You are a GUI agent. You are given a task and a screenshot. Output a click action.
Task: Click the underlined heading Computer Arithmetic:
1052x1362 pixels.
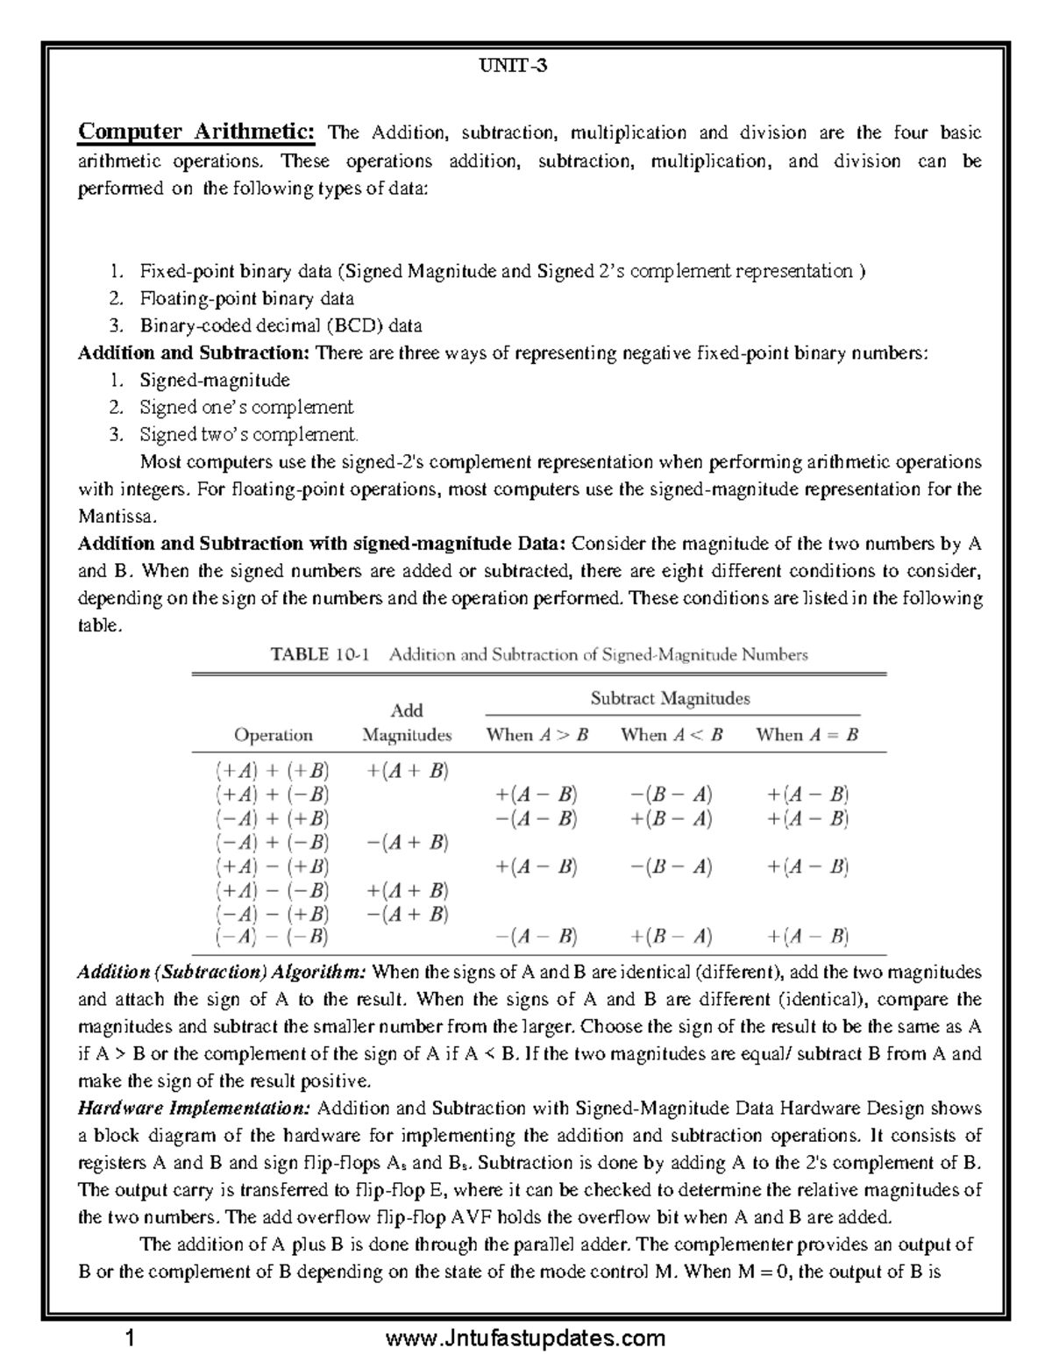tap(196, 132)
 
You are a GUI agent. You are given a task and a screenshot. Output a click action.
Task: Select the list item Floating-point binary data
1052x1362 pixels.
tap(246, 298)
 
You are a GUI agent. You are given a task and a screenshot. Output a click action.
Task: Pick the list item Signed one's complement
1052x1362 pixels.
tap(246, 407)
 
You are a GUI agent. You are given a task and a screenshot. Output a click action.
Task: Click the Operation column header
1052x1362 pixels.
tap(273, 735)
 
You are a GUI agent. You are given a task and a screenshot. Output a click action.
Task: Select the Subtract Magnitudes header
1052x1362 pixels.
tap(671, 698)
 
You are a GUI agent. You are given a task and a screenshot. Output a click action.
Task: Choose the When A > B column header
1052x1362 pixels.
tap(537, 735)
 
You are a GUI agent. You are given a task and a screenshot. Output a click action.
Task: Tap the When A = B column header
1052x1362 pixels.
tap(807, 735)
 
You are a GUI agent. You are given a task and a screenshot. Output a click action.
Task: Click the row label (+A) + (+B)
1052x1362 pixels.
tap(273, 771)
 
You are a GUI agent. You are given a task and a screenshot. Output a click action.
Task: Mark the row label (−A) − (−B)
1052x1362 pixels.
tap(273, 937)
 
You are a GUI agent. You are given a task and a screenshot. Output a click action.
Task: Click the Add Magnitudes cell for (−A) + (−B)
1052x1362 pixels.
tap(408, 843)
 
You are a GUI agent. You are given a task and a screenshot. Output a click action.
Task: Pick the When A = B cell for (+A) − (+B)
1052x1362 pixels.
tap(807, 866)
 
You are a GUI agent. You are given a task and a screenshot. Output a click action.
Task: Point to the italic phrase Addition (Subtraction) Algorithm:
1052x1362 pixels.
tap(224, 972)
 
